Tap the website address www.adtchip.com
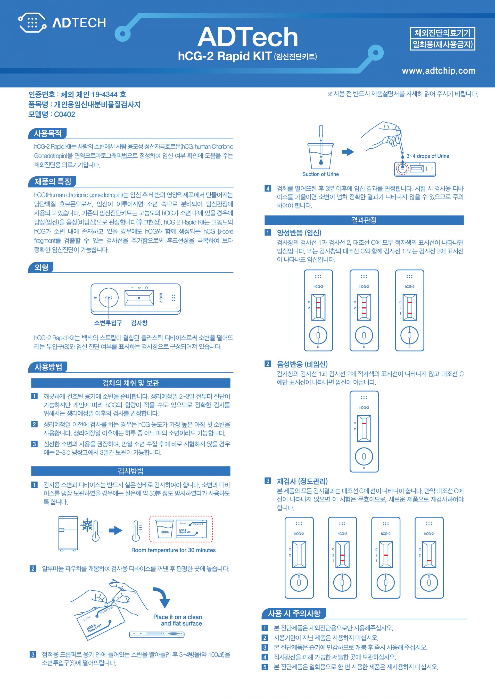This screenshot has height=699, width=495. click(439, 71)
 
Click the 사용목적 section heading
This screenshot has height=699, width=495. click(47, 133)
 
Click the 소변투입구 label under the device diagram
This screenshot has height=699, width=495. click(108, 323)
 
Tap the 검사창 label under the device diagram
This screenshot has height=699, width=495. click(139, 323)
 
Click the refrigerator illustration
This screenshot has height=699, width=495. click(68, 534)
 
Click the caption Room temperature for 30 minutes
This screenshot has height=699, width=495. click(174, 550)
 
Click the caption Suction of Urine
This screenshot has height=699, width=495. click(320, 174)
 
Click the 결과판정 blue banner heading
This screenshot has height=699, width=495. click(364, 220)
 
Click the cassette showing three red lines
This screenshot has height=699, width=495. click(364, 310)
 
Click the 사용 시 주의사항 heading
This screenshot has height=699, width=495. click(294, 614)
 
